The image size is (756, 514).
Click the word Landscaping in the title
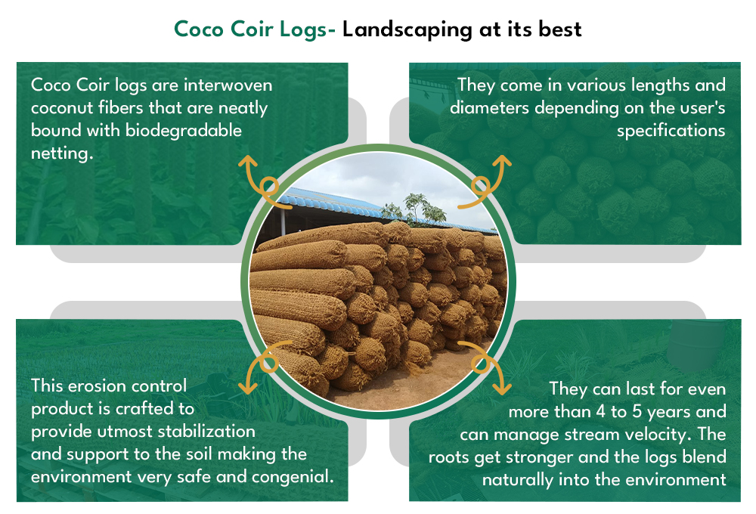point(407,30)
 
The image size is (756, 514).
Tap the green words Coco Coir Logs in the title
point(251,30)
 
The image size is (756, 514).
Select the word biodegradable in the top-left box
point(183,131)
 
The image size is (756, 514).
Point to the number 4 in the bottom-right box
point(600,412)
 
